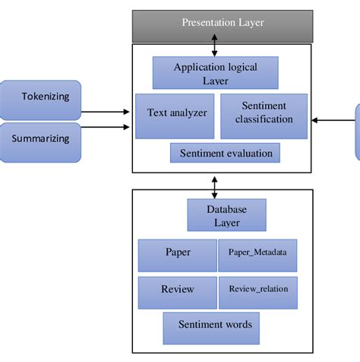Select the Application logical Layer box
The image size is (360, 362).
[215, 74]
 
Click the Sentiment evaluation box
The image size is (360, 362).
[225, 153]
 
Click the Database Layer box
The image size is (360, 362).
[226, 215]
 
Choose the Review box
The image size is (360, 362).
[178, 290]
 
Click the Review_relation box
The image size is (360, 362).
[257, 290]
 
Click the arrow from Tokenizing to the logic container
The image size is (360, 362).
[106, 113]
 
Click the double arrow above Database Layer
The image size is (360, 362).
[215, 185]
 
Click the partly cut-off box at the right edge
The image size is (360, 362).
[357, 132]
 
